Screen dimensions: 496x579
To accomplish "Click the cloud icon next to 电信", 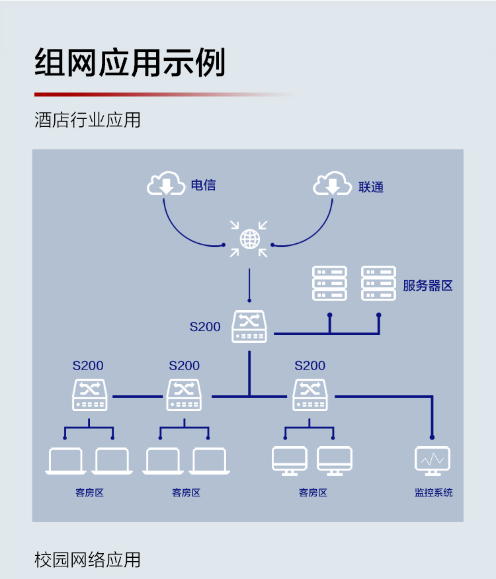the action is [x=166, y=183].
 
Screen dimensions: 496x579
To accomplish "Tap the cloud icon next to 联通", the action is [x=332, y=183].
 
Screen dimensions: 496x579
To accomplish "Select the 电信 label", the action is [x=203, y=185].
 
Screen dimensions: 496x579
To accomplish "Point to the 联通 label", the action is [x=371, y=187].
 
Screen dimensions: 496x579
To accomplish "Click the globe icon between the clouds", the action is [x=250, y=239].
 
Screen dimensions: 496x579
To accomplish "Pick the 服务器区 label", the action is [x=428, y=286].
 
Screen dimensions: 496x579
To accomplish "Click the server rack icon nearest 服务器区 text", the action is [x=378, y=284].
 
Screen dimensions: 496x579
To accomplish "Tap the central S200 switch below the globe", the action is [x=249, y=327].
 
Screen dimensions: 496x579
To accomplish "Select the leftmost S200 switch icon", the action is [x=90, y=395].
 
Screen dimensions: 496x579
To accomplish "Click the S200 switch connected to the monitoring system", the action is [x=310, y=395].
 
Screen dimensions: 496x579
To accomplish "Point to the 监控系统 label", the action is [x=434, y=492].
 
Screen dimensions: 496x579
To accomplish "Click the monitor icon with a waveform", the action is [x=433, y=461].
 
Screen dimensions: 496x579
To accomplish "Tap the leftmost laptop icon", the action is [x=65, y=461].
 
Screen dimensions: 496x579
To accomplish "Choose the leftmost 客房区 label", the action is [x=89, y=492].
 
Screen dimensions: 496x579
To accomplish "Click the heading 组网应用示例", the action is [x=130, y=62].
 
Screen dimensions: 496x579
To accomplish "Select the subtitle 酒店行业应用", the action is [x=87, y=120].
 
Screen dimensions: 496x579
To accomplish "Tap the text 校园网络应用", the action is [x=87, y=559].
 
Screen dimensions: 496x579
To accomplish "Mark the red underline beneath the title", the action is [x=165, y=95].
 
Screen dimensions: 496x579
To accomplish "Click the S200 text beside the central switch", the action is [x=205, y=327].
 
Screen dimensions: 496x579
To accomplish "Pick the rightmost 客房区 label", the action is [x=313, y=492].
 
